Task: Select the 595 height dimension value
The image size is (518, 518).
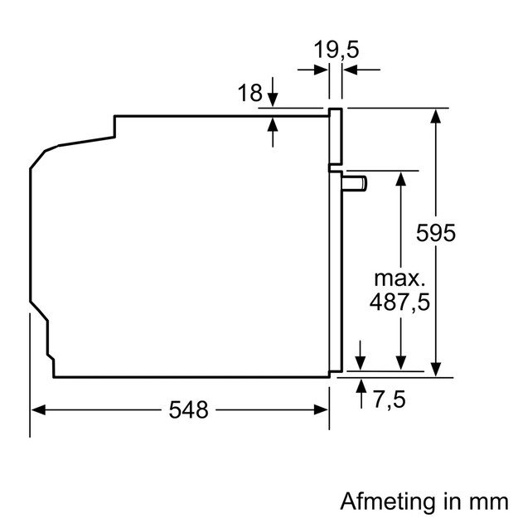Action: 436,233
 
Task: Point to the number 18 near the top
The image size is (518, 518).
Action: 250,94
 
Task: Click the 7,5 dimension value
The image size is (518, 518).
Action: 388,400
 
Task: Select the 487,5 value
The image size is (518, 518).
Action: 400,303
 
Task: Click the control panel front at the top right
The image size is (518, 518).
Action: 336,137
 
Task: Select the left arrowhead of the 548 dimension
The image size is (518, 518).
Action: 38,409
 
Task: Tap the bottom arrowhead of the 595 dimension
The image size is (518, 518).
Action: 435,370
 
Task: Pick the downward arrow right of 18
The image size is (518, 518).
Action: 274,101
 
